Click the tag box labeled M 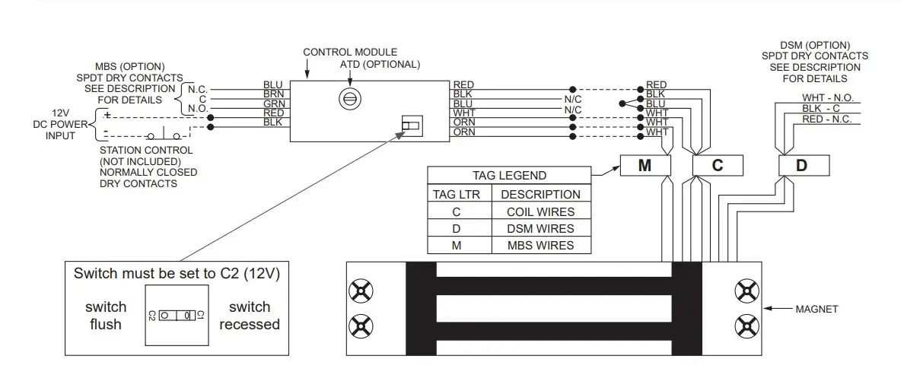click(645, 165)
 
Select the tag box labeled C click(717, 165)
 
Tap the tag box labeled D click(801, 165)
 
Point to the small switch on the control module click(411, 126)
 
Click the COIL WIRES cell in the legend click(540, 211)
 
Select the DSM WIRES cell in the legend click(540, 228)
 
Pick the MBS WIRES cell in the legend click(540, 245)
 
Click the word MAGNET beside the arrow click(816, 309)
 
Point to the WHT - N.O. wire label click(826, 98)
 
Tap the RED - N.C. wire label click(826, 119)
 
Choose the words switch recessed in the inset click(250, 316)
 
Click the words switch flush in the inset click(106, 316)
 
